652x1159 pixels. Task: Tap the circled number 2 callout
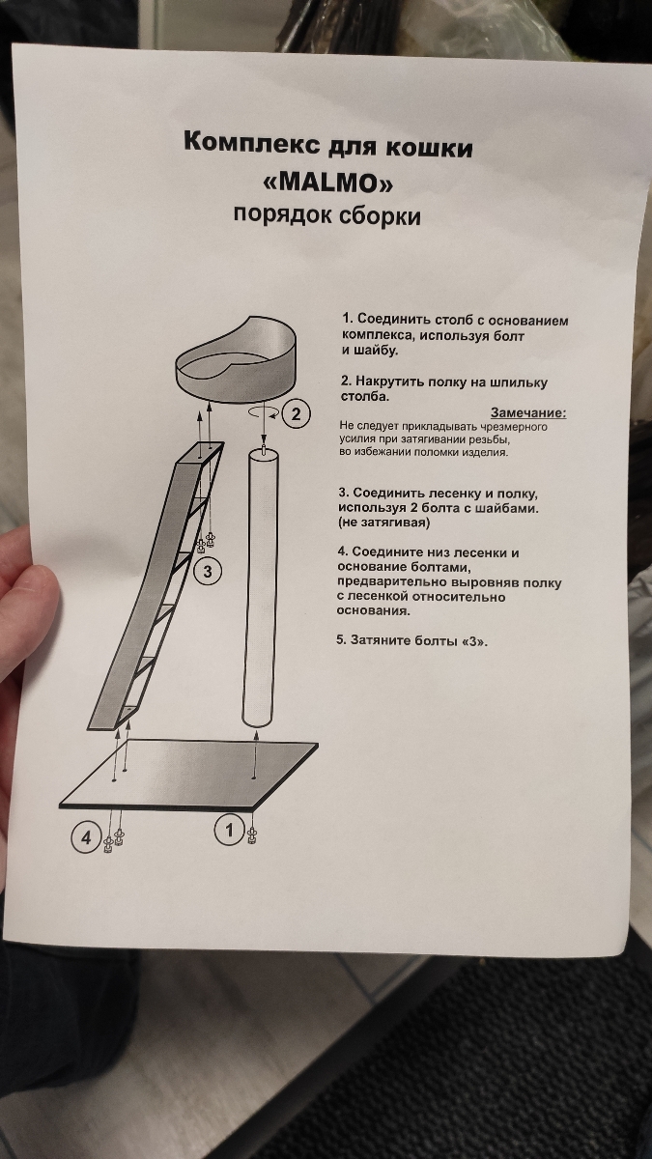(296, 414)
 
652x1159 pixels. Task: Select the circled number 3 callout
(208, 571)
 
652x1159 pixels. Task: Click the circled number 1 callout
(229, 830)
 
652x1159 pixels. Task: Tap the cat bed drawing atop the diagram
(236, 360)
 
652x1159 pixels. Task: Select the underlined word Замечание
(528, 413)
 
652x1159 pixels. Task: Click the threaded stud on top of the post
(264, 446)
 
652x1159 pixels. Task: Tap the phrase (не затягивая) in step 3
(384, 523)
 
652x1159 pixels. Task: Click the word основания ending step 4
(374, 610)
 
